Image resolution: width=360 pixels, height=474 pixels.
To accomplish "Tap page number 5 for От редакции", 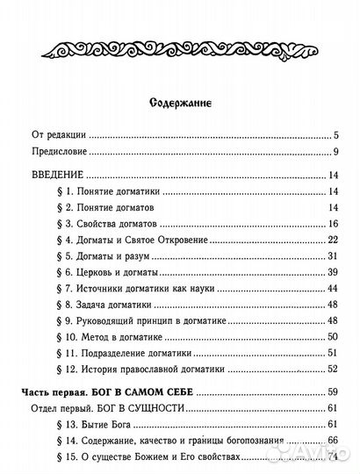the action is coord(335,138).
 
